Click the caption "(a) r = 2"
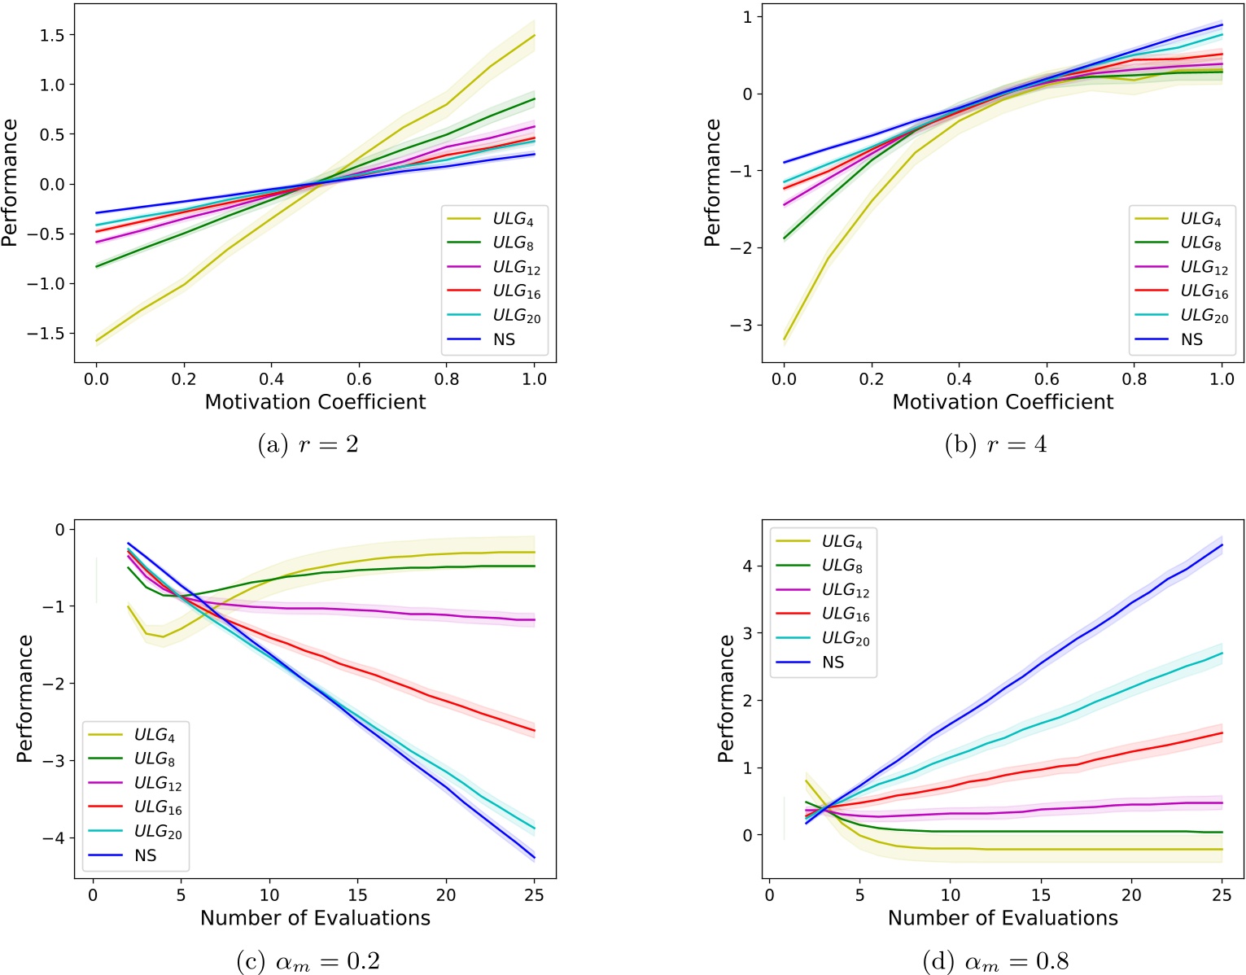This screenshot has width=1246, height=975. [308, 444]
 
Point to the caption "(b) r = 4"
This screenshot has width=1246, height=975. [995, 444]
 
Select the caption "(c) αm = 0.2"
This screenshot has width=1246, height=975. [308, 961]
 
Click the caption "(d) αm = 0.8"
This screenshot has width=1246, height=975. [995, 961]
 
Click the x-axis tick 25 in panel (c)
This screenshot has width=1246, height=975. [534, 894]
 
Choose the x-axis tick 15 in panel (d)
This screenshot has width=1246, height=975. [1041, 894]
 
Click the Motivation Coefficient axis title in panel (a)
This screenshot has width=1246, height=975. [315, 402]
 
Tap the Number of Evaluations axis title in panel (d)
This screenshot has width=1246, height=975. [1003, 918]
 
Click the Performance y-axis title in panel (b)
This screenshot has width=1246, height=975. [712, 182]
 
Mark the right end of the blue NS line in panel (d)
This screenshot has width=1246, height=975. [1222, 544]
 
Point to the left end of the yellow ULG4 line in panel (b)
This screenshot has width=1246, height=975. [785, 339]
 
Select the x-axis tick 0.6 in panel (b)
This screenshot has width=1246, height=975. [1047, 378]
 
